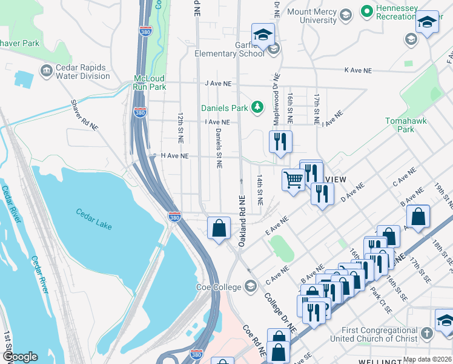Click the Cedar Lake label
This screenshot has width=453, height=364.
pos(94,218)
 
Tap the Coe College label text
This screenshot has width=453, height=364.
pos(218,286)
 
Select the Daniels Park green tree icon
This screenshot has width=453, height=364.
pos(258,107)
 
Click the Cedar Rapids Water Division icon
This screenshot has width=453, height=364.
pos(46,72)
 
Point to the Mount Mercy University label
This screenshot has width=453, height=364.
pos(311,16)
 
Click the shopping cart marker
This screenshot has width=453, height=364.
pos(294,179)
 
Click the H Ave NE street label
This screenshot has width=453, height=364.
pos(174,156)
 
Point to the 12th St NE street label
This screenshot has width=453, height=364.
pos(180,123)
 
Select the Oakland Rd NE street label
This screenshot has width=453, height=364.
pos(241,220)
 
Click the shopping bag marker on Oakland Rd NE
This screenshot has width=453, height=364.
pos(219,228)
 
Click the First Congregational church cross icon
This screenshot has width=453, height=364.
pos(427,334)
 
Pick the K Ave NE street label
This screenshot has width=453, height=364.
pos(357,70)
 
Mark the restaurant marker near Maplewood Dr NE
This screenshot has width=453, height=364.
pos(280,142)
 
